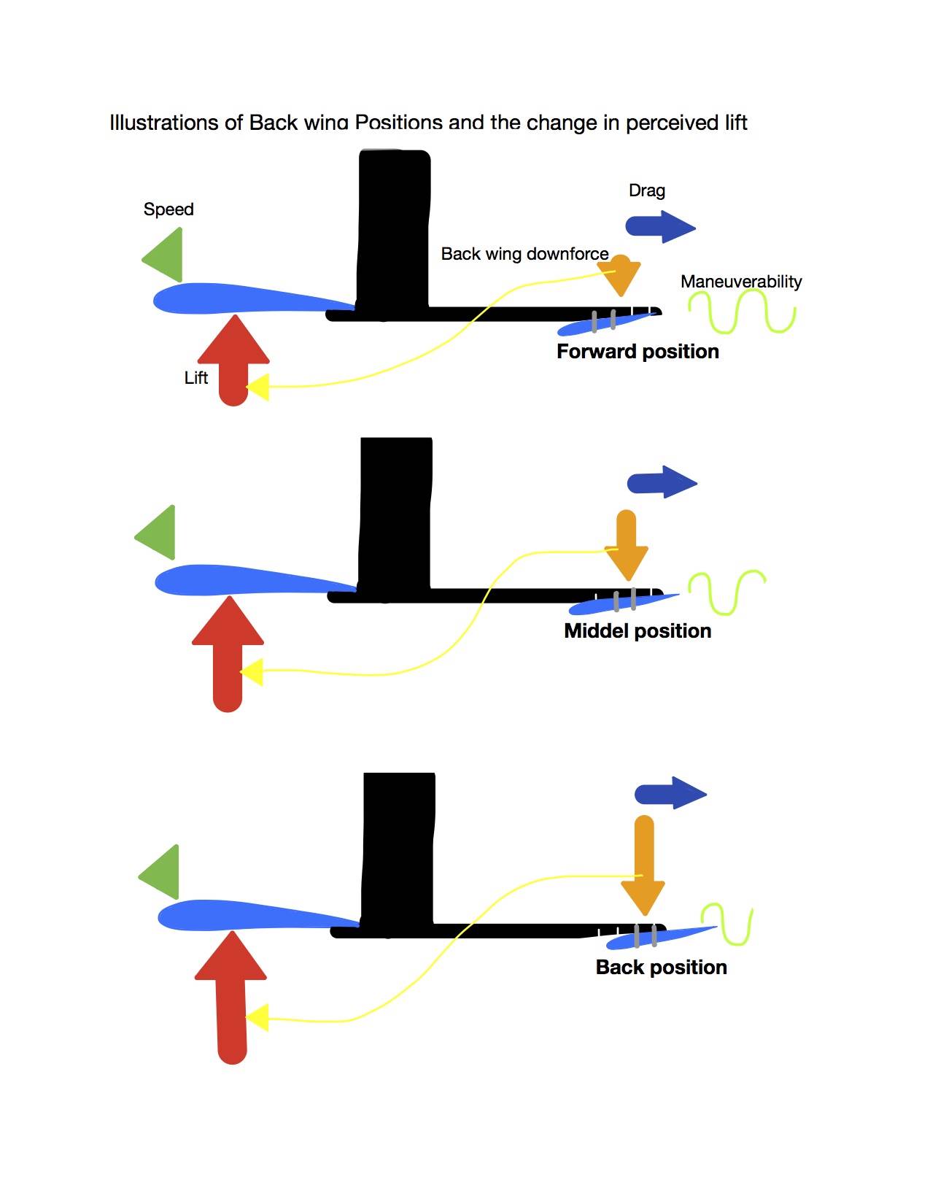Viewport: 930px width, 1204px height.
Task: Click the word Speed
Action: click(x=168, y=209)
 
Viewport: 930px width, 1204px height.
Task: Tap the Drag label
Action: click(x=647, y=190)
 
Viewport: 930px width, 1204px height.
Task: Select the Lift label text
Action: click(x=196, y=377)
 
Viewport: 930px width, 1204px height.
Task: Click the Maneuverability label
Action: click(x=741, y=282)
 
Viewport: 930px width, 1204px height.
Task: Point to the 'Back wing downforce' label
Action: click(x=524, y=254)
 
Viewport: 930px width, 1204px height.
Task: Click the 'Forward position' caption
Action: click(x=638, y=352)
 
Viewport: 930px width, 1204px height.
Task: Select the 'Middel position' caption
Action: click(x=638, y=631)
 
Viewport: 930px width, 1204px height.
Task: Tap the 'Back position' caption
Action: click(x=661, y=968)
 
